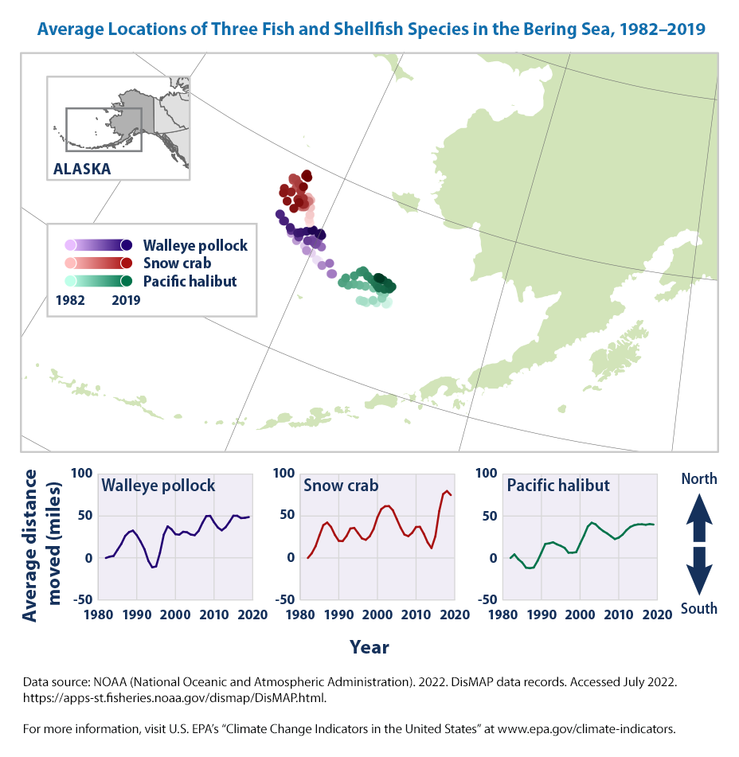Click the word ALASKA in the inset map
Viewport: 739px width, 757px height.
click(82, 169)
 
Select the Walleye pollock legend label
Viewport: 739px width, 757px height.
click(195, 245)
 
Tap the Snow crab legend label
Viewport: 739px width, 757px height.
click(176, 263)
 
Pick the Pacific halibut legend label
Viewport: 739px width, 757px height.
click(190, 281)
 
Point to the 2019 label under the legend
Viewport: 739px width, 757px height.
click(126, 301)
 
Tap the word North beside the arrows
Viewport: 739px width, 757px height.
click(698, 479)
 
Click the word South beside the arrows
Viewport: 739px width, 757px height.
click(698, 609)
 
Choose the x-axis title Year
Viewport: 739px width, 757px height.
click(369, 647)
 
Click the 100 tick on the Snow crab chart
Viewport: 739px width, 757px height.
click(284, 474)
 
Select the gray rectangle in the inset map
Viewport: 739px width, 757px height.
click(104, 129)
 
